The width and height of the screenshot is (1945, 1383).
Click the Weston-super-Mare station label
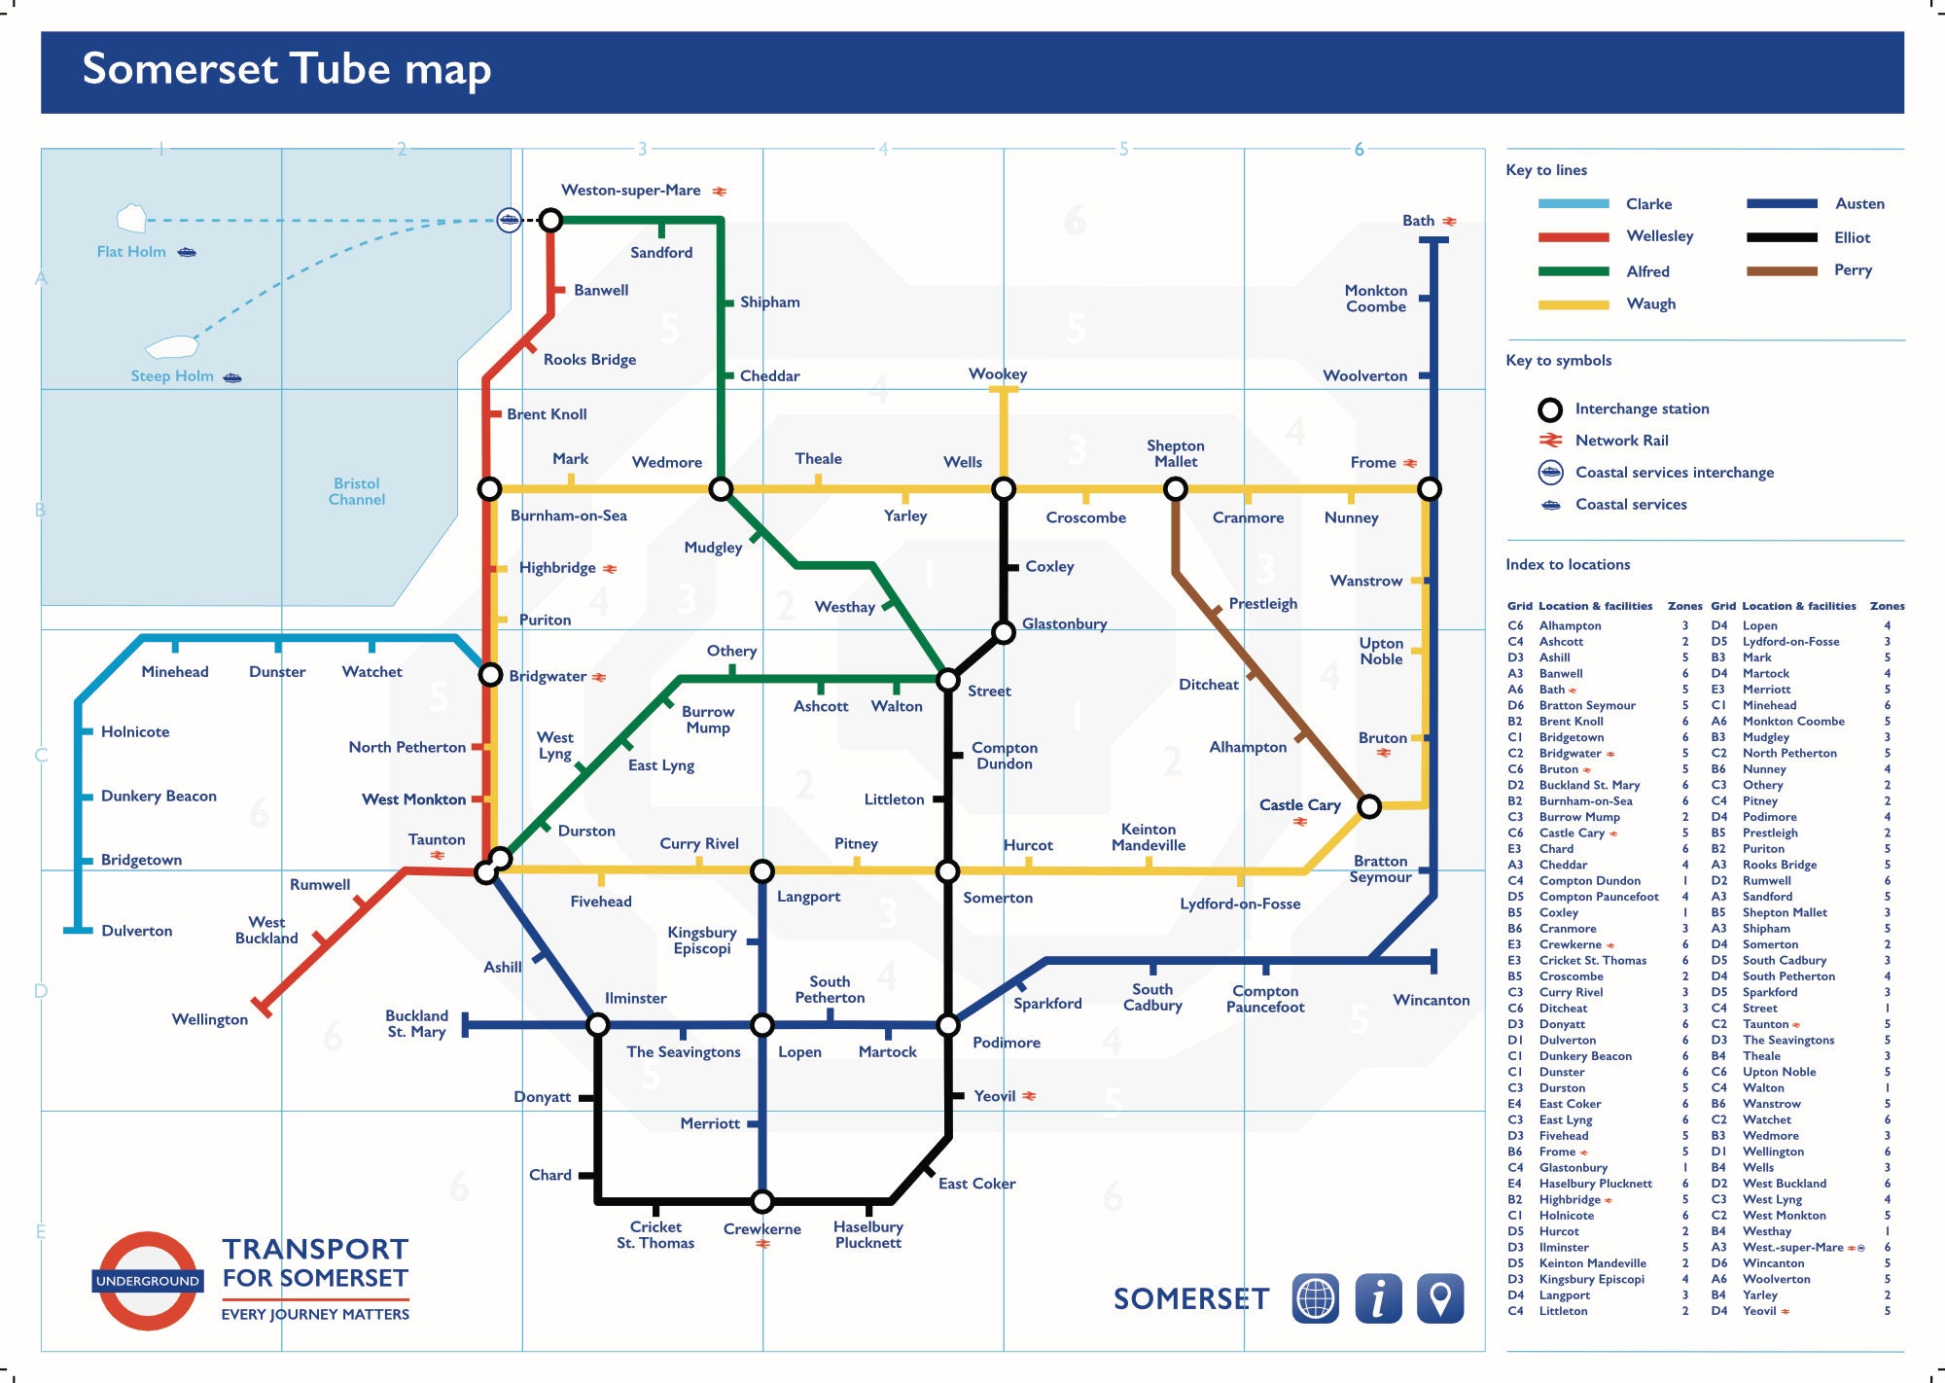tap(630, 191)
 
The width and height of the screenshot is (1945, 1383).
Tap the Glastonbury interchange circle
tap(1004, 633)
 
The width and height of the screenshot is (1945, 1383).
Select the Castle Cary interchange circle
tap(1369, 806)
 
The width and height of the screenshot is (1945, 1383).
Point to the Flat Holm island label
tap(131, 252)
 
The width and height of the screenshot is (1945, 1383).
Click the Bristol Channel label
tap(357, 491)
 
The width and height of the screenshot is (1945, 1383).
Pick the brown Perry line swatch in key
tap(1782, 271)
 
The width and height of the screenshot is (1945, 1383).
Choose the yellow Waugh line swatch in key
tap(1574, 304)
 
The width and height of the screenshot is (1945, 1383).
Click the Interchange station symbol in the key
tap(1550, 409)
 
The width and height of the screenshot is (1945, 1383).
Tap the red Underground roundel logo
tap(148, 1281)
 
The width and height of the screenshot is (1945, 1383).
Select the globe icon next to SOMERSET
tap(1315, 1298)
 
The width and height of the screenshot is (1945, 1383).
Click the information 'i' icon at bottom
tap(1378, 1298)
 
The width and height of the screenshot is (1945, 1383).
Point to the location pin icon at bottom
tap(1440, 1298)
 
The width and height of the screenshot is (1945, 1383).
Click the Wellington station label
tap(210, 1019)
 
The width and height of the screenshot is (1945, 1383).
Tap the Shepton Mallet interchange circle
tap(1176, 489)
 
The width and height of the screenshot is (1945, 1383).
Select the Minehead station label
tap(175, 672)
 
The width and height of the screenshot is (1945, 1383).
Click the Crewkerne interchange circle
tap(762, 1201)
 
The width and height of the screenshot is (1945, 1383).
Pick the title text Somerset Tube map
tap(287, 69)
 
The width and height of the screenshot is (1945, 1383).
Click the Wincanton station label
tap(1431, 1000)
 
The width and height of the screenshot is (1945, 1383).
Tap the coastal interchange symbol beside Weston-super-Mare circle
tap(509, 220)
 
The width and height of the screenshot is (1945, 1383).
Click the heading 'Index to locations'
tap(1568, 565)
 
